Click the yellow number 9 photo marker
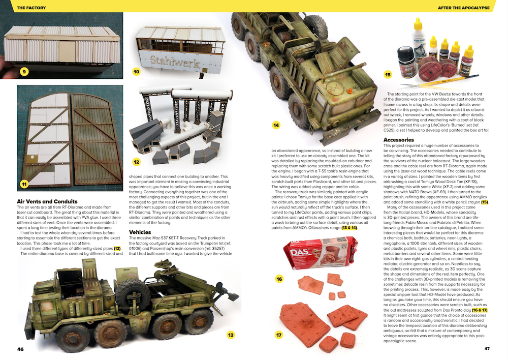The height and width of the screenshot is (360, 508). click(24, 72)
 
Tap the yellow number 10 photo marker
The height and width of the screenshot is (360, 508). click(136, 72)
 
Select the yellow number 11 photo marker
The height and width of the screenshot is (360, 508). click(24, 184)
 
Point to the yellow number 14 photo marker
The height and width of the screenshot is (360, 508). click(276, 125)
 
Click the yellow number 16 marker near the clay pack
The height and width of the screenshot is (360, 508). click(279, 279)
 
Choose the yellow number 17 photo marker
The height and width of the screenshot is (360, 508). click(279, 335)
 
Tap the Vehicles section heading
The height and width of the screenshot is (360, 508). click(140, 232)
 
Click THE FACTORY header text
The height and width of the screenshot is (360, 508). click(31, 8)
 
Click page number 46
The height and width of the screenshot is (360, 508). click(20, 349)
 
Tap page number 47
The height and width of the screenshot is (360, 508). click(487, 349)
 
